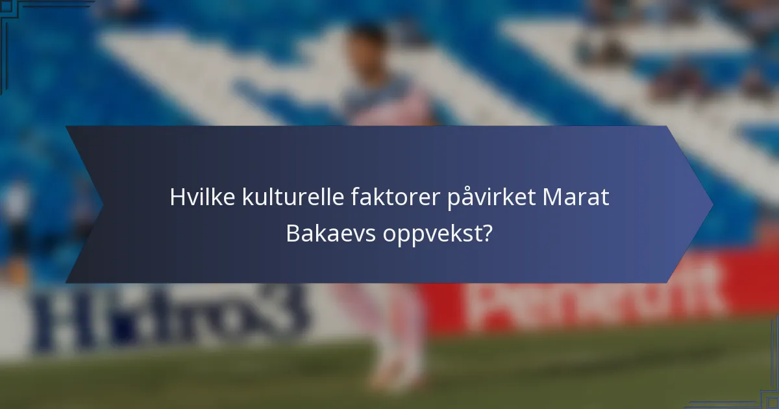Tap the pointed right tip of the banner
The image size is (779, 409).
711,204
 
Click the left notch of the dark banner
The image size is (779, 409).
103,204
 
